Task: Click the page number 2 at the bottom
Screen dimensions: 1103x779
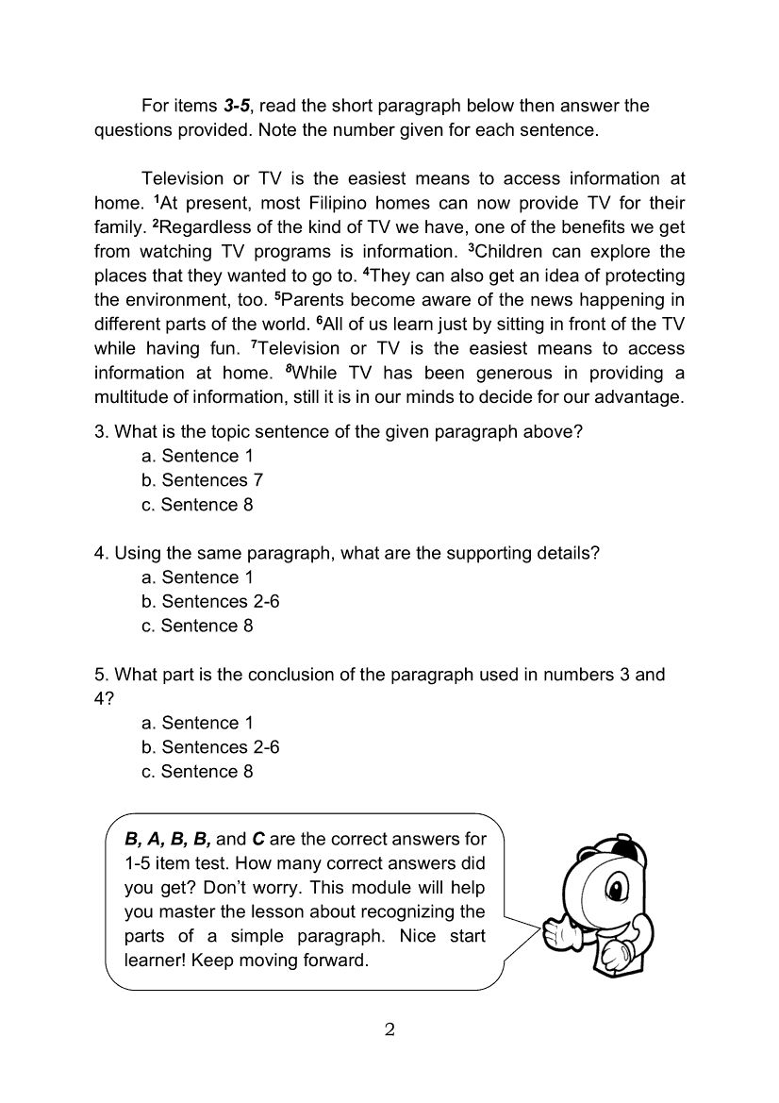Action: tap(389, 1028)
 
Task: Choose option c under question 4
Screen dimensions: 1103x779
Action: tap(197, 626)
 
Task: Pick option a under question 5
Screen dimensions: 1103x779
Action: tap(197, 723)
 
